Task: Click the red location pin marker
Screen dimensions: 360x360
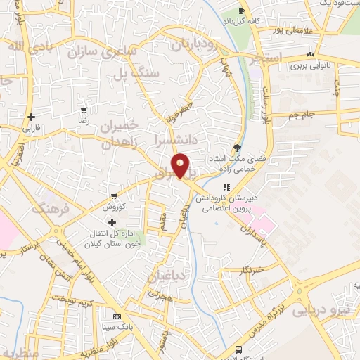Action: tap(181, 166)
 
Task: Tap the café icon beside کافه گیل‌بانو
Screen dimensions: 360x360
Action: tap(241, 11)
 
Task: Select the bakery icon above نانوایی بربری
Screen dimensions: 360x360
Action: tap(310, 56)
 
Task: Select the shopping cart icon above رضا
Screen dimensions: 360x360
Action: tap(84, 110)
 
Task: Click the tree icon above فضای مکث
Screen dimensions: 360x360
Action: tap(237, 148)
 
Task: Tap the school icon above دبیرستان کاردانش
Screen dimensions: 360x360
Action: tap(226, 187)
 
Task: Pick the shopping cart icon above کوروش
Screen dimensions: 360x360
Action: tap(114, 196)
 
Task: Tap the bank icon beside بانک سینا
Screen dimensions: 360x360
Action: tap(116, 317)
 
